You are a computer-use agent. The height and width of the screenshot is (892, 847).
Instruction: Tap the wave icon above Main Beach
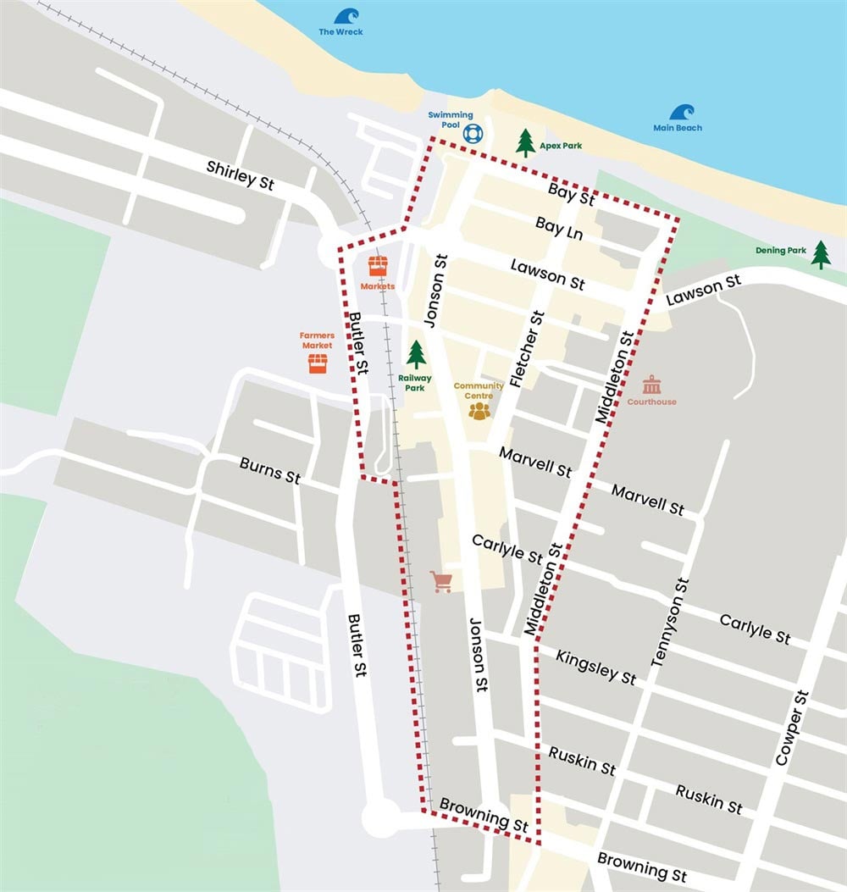[x=682, y=113]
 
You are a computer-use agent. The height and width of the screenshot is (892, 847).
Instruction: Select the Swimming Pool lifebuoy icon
[x=472, y=133]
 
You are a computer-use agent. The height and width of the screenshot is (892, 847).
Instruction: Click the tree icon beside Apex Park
[x=526, y=142]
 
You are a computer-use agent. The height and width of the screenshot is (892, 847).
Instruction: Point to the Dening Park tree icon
[x=820, y=254]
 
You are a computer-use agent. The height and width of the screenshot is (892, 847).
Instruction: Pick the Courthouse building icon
[x=651, y=385]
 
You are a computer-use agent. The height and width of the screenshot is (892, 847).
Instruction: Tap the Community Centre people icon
[x=479, y=411]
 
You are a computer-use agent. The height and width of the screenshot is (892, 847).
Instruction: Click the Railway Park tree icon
[x=416, y=355]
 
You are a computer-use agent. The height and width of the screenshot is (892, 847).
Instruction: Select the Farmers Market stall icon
[x=318, y=363]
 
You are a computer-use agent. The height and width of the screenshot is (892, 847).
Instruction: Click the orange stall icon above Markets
[x=378, y=266]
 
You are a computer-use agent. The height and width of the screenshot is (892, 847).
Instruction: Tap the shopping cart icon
[x=440, y=581]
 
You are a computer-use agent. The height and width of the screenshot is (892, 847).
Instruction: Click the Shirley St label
[x=241, y=175]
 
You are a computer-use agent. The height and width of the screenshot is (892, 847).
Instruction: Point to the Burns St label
[x=270, y=470]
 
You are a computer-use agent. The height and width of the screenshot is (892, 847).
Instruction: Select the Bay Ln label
[x=559, y=227]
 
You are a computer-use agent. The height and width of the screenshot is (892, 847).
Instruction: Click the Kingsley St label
[x=595, y=667]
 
